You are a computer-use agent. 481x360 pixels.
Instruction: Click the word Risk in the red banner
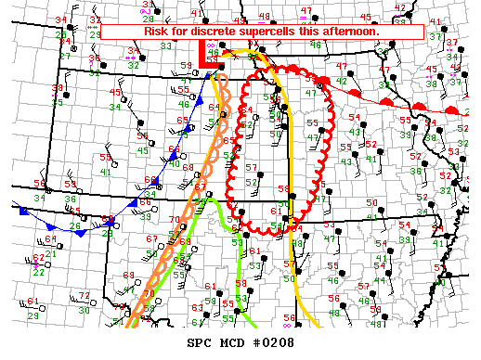[157, 32]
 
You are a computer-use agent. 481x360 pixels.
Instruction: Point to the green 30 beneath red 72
[84, 310]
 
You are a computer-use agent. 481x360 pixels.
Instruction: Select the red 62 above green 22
[38, 258]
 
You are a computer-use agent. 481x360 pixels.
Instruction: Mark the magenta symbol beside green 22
[36, 264]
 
